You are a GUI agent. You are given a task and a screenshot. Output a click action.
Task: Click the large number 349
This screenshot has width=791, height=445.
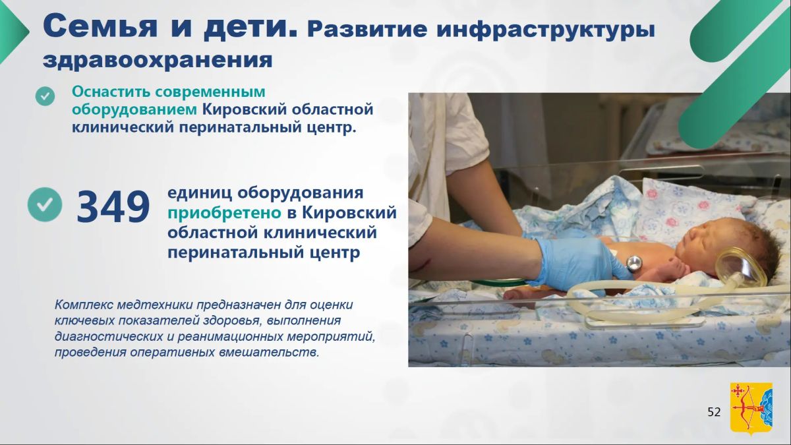[x=113, y=206]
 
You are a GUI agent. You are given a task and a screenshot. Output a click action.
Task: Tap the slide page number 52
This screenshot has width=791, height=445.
[x=714, y=412]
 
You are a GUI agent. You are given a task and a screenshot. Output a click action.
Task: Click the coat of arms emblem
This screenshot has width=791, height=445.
[x=751, y=409]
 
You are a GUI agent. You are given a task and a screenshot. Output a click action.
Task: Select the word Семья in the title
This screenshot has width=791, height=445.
[x=100, y=26]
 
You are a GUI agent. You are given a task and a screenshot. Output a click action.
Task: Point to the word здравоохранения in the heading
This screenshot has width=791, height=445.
[x=158, y=61]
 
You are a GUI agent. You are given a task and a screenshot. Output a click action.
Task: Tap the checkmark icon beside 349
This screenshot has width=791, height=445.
[x=45, y=204]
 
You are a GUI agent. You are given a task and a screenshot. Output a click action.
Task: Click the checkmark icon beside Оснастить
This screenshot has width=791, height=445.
[x=45, y=96]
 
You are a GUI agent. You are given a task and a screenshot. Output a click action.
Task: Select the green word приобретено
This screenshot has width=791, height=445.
[x=224, y=213]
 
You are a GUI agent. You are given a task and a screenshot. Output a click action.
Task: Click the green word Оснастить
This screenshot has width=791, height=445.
[x=111, y=92]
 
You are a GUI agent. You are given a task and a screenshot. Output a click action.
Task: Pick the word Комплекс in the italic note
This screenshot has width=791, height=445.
[x=84, y=305]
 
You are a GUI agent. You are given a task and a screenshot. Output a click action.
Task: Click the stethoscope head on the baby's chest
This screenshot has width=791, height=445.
[x=634, y=264]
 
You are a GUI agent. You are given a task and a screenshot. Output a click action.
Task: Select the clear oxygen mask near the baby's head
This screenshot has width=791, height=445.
[x=739, y=268]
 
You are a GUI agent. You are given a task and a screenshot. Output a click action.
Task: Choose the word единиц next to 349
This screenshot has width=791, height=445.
[x=199, y=193]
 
